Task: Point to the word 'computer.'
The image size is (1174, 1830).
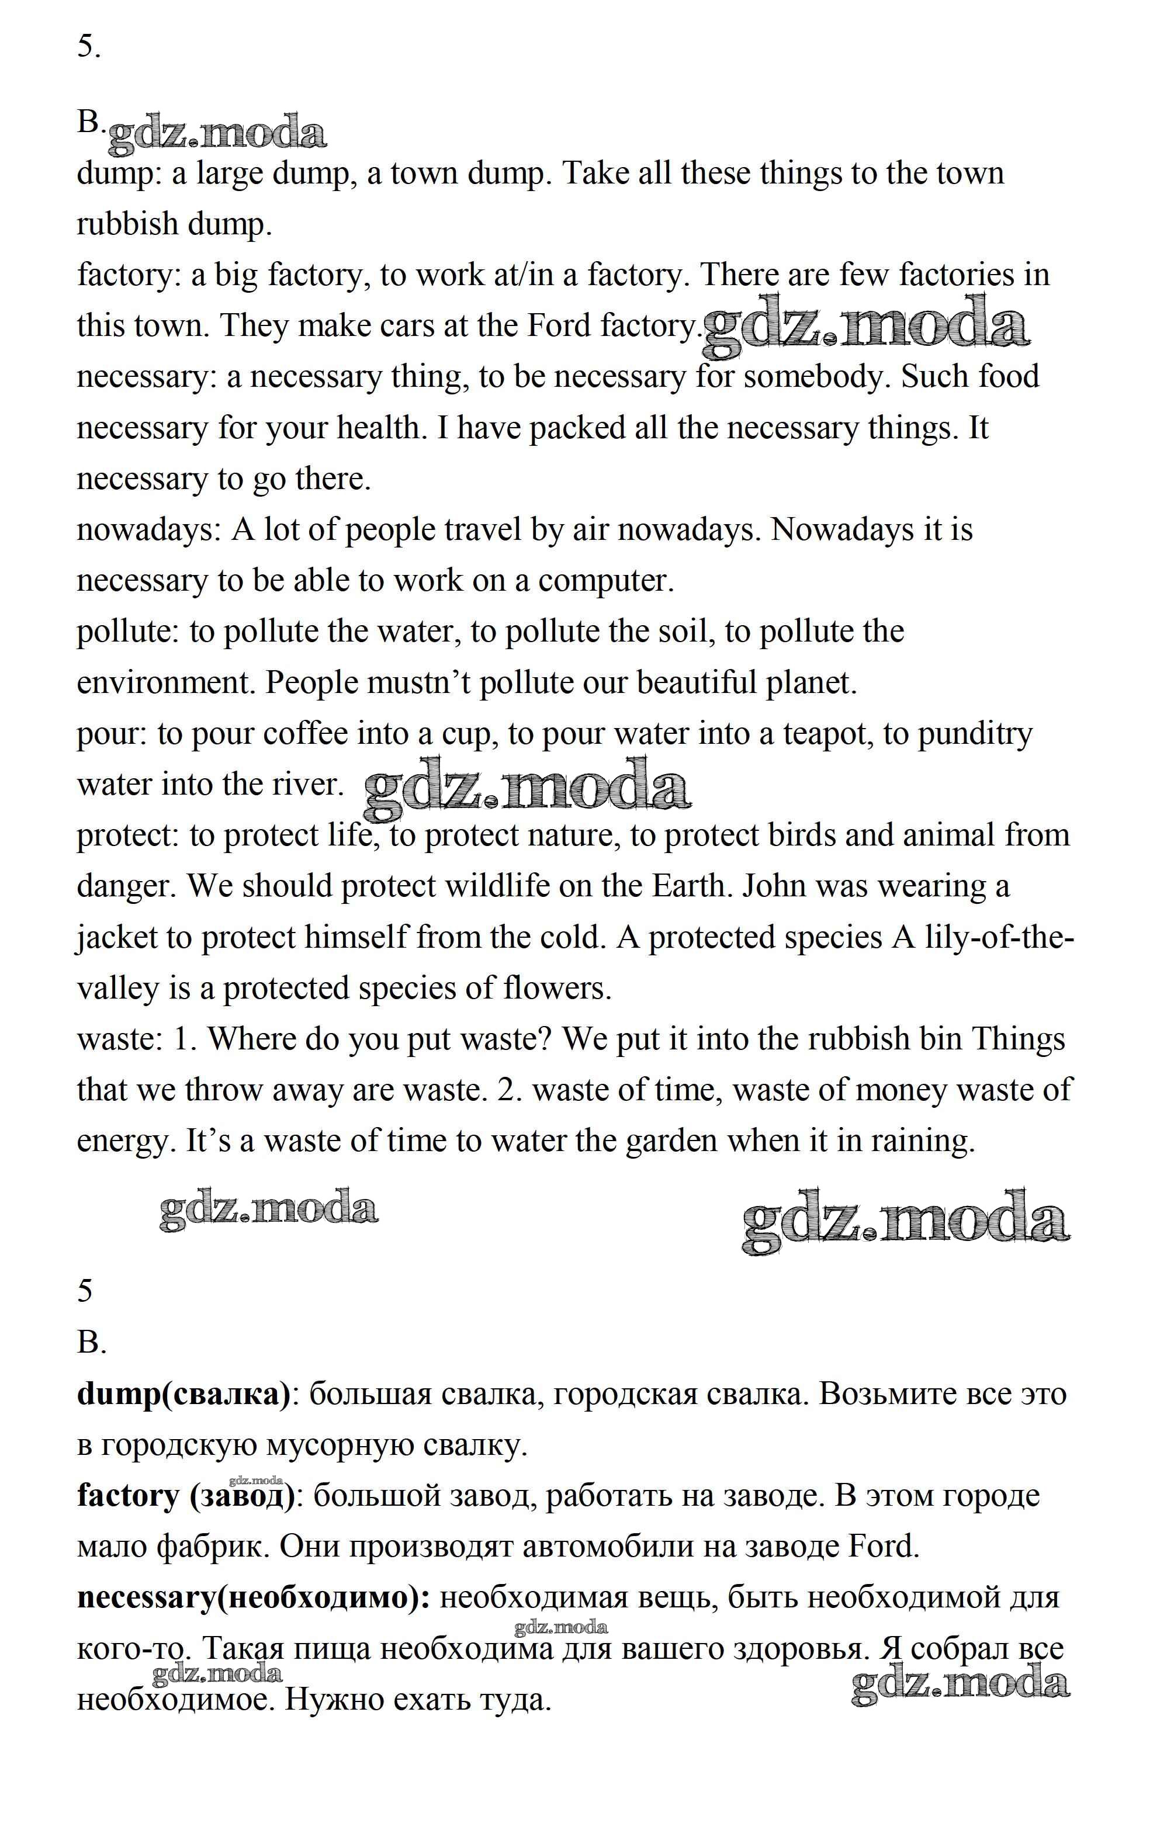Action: pos(606,581)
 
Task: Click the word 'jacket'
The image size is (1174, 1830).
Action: pos(117,937)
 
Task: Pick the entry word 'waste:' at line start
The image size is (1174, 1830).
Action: pos(120,1039)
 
